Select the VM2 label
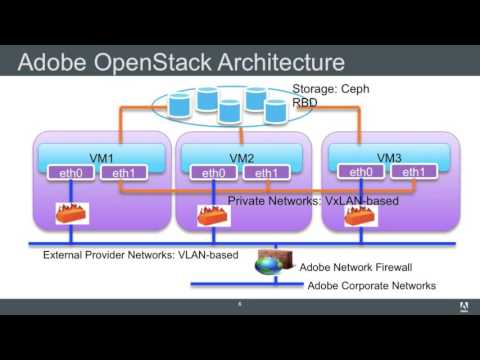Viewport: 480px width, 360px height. (x=240, y=158)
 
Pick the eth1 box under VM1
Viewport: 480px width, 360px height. (x=125, y=173)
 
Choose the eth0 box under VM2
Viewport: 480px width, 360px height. (x=213, y=173)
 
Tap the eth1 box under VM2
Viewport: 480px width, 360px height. (x=266, y=173)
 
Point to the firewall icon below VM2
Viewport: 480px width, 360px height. (x=213, y=216)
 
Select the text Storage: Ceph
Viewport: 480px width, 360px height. (x=331, y=88)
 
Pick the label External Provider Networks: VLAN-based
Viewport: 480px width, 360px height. (x=140, y=255)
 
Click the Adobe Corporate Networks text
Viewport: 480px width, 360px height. (x=371, y=286)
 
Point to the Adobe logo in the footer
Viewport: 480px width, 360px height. (x=465, y=306)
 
